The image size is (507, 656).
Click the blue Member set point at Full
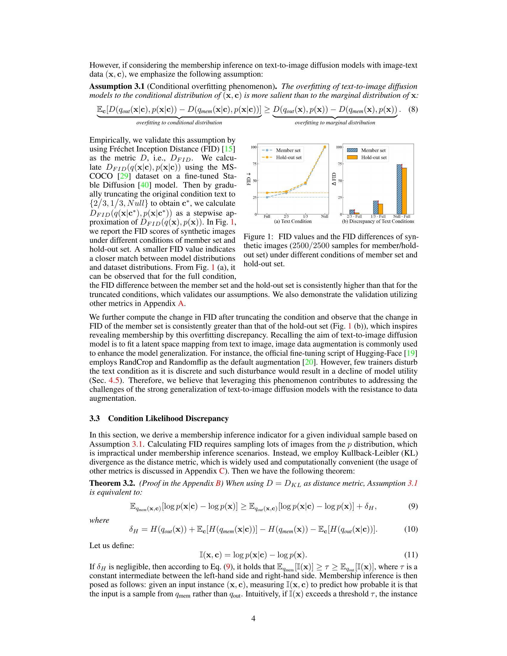click(x=267, y=197)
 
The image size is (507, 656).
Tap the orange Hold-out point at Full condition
click(x=267, y=193)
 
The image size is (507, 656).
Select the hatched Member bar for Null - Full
click(x=399, y=189)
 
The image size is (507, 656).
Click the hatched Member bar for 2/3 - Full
click(x=352, y=212)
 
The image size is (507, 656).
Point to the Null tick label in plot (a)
click(x=324, y=216)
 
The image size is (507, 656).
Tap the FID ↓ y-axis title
click(x=249, y=180)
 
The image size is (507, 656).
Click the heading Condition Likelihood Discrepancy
click(x=168, y=418)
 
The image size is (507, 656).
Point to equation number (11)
click(x=411, y=555)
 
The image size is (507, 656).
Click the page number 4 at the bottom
click(x=253, y=618)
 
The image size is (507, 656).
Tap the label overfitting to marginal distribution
click(x=335, y=123)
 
